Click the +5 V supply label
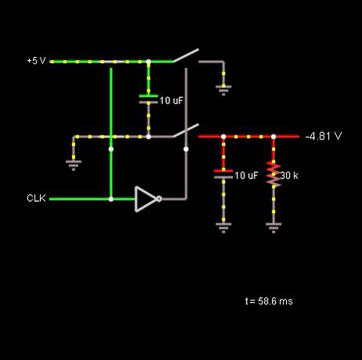coord(36,61)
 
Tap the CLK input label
coord(36,198)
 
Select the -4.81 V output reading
coord(324,136)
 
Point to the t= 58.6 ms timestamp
coord(269,301)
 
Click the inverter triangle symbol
coord(146,199)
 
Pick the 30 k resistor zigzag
coord(273,175)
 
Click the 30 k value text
coord(289,175)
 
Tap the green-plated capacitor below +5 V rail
coord(148,99)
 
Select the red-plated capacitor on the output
coord(223,174)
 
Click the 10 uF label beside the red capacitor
coord(246,175)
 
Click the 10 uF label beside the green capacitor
coord(171,100)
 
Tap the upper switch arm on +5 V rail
coord(186,56)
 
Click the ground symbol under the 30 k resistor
coord(273,228)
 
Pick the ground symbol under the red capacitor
coord(223,228)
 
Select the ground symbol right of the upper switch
coord(223,90)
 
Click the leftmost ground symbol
coord(74,165)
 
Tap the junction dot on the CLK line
coord(111,199)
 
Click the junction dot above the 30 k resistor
coord(273,136)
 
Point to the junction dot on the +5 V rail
coord(148,62)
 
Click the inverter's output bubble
coord(159,199)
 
